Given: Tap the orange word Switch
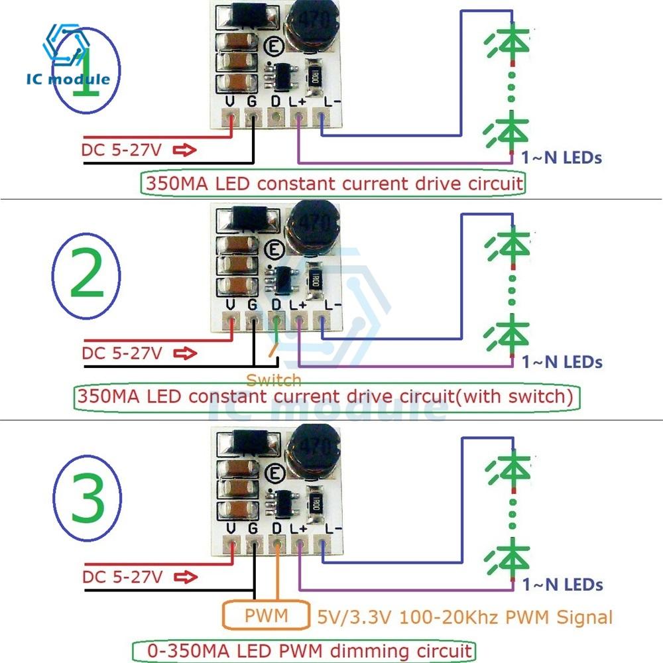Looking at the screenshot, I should [273, 380].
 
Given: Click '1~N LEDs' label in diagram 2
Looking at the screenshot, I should [562, 362].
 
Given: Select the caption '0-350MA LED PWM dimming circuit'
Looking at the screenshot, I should [303, 650].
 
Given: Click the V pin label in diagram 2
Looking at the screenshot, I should [231, 304].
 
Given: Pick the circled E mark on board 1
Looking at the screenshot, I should [271, 46].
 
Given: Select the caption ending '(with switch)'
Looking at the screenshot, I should [325, 397].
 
